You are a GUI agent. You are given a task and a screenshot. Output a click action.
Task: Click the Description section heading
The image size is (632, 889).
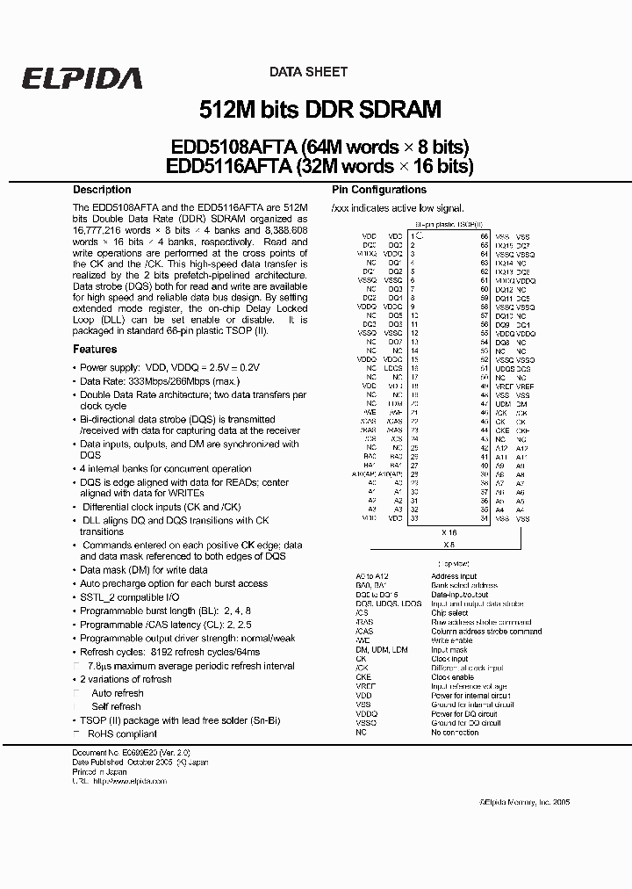point(102,190)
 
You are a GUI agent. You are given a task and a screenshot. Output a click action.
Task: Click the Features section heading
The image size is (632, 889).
point(95,349)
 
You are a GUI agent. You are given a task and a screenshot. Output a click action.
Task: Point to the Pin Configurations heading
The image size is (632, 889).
point(379,190)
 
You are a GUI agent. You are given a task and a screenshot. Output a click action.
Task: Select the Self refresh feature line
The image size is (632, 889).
point(116,706)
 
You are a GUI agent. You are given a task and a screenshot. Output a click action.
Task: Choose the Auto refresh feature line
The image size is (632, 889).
point(118,693)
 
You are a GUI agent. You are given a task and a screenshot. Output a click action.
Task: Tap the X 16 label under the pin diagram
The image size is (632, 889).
point(449,532)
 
